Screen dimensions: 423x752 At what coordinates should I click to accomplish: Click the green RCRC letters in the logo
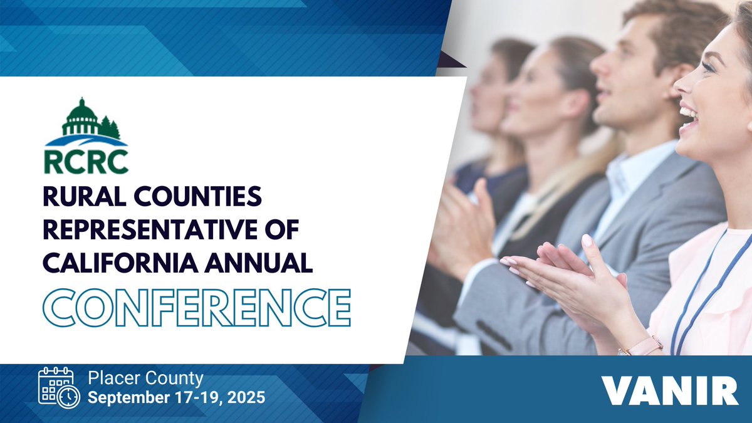tap(86, 160)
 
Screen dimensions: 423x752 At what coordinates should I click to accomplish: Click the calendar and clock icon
tap(58, 389)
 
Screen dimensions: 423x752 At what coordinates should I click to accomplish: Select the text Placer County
tap(145, 379)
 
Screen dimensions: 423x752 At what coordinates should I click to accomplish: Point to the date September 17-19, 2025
tap(176, 397)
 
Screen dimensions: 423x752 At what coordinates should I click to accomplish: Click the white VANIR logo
tap(670, 390)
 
